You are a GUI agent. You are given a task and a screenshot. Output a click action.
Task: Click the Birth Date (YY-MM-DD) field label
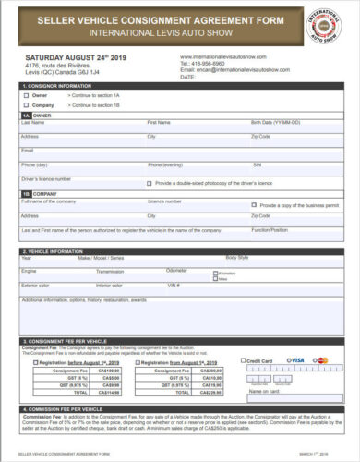273,122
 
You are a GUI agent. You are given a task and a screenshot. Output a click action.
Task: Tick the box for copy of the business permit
255,205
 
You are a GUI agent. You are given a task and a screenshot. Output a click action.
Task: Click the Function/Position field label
270,228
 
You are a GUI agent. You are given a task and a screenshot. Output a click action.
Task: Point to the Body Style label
237,257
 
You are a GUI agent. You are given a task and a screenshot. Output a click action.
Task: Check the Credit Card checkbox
243,359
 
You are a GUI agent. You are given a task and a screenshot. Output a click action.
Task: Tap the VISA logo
295,359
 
